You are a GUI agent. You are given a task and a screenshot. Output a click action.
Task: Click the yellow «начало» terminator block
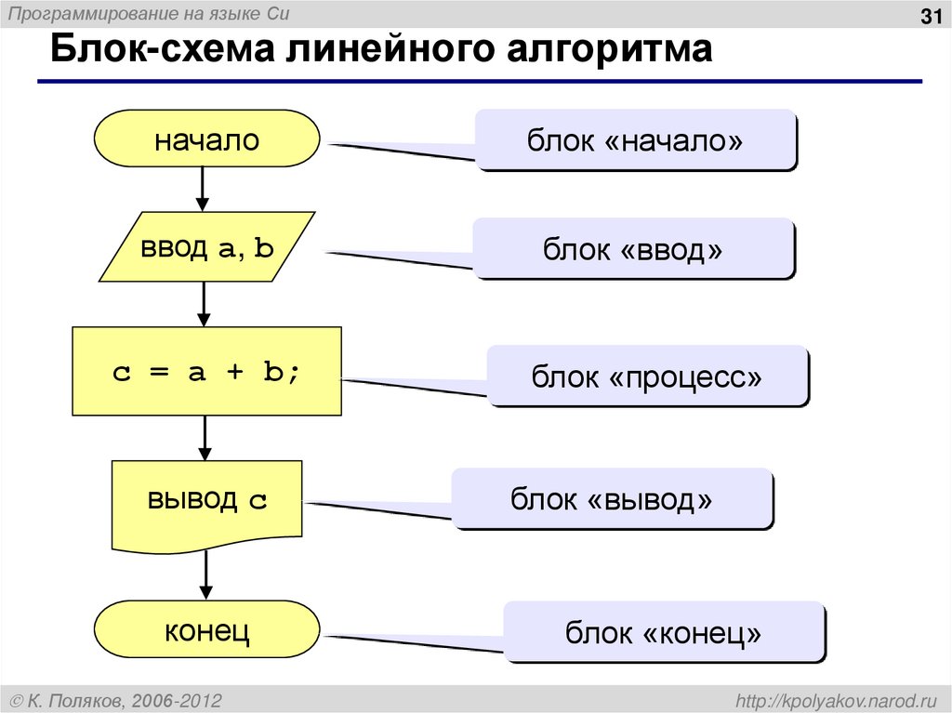[206, 141]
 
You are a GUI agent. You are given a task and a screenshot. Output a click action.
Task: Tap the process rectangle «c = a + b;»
[206, 371]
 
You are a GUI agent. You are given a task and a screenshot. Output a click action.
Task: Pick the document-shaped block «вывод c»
[206, 502]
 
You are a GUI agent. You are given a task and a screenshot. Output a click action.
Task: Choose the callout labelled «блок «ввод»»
[633, 248]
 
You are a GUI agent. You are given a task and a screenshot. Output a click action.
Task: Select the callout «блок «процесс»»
[647, 376]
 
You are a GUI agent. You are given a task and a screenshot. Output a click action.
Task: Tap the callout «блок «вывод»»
[612, 499]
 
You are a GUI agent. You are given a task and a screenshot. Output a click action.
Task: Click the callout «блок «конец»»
[664, 632]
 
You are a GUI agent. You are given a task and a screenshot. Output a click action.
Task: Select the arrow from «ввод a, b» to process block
[205, 304]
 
